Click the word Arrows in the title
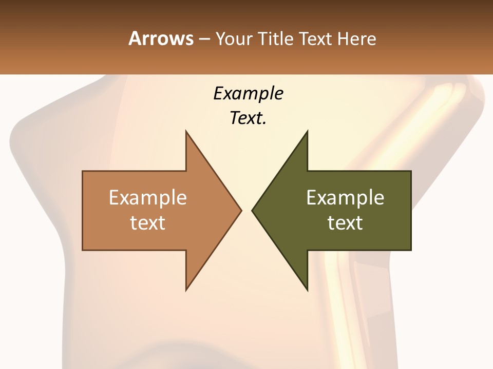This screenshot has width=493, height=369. [x=161, y=38]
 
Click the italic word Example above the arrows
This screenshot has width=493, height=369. [x=248, y=93]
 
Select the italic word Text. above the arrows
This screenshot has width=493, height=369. [x=248, y=118]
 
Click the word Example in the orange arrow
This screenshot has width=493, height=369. [x=148, y=197]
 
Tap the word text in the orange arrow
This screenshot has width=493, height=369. [x=148, y=222]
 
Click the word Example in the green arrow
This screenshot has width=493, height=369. [x=345, y=197]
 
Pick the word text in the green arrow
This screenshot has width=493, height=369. [x=345, y=222]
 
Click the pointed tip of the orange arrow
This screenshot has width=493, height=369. [x=241, y=210]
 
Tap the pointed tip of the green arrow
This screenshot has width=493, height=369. [x=252, y=210]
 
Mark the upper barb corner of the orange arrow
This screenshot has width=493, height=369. [x=186, y=131]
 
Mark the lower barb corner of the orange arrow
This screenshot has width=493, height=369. [x=186, y=290]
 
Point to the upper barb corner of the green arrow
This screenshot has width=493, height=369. [x=307, y=131]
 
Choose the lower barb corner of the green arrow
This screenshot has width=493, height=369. [x=307, y=290]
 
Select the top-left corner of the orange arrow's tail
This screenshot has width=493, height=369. [x=83, y=171]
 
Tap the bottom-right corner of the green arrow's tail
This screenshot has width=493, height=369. [x=411, y=250]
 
